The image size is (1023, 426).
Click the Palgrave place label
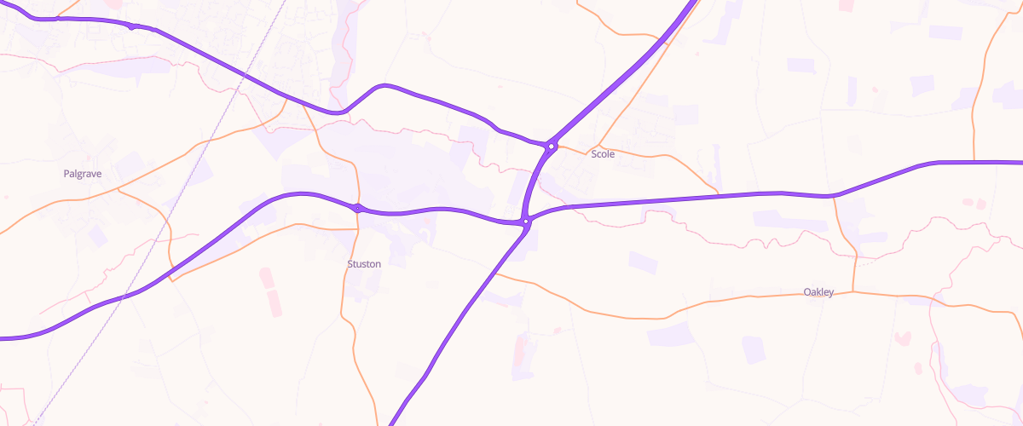tap(83, 174)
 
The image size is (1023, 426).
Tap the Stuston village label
tap(364, 264)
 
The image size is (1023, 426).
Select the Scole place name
tap(603, 154)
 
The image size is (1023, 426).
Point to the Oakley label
tap(818, 292)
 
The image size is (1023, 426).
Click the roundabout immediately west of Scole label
tap(552, 146)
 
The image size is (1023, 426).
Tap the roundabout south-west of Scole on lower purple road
tap(527, 222)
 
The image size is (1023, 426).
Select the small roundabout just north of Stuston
tap(358, 207)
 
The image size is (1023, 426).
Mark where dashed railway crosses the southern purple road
tap(126, 296)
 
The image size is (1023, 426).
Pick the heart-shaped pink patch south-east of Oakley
tap(903, 340)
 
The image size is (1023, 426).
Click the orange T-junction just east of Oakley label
tap(854, 292)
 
